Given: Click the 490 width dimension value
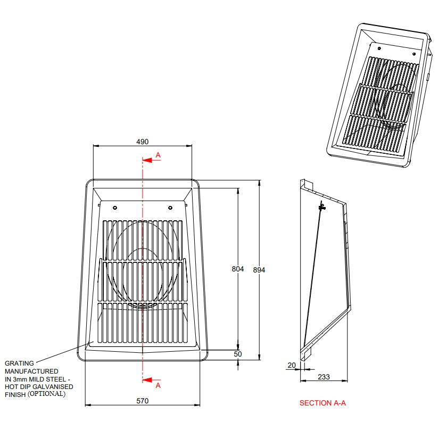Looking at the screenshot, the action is [x=142, y=142].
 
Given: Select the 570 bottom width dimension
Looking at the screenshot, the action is [x=142, y=401].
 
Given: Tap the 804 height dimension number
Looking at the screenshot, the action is [x=238, y=269].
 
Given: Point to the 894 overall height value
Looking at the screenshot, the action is [x=259, y=270].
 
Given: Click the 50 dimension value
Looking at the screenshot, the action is [x=238, y=354].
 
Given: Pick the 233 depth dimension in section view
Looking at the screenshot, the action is [x=324, y=377].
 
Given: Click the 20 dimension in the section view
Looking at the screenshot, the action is [x=292, y=365].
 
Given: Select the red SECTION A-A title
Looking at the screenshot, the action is [x=322, y=403].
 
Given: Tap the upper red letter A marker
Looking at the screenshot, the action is [x=158, y=155].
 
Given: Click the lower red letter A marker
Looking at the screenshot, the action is [x=158, y=385].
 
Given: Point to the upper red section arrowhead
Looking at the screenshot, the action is [x=146, y=160].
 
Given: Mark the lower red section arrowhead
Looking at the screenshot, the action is [x=146, y=380].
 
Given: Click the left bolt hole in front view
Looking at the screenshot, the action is [x=115, y=208].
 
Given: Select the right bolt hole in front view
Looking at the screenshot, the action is [x=170, y=208].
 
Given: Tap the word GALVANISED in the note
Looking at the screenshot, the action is [x=53, y=387].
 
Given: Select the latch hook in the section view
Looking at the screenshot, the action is [x=322, y=206].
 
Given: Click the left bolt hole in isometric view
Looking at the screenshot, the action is [x=379, y=48].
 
